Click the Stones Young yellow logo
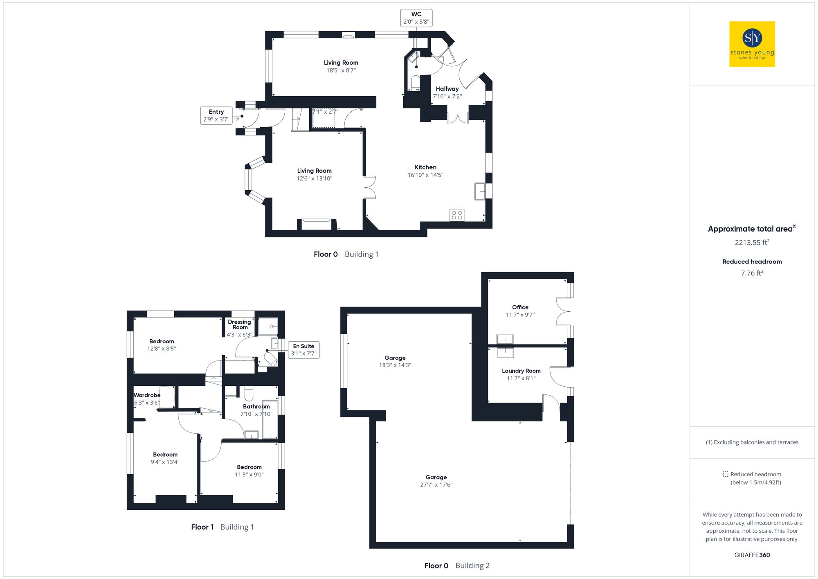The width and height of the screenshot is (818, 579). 752,44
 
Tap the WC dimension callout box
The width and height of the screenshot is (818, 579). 416,18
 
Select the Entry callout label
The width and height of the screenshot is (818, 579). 216,115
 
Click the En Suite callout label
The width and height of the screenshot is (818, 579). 303,350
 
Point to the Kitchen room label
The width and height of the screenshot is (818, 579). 425,167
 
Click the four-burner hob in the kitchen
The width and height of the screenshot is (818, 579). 457,215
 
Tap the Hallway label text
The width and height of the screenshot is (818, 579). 447,89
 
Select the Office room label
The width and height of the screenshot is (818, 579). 520,307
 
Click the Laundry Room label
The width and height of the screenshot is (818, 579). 521,371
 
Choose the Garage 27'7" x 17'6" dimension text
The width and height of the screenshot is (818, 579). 436,485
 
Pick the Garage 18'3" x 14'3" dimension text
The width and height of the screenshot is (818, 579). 395,365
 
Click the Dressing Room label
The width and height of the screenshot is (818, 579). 240,324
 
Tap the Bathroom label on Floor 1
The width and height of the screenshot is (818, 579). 256,406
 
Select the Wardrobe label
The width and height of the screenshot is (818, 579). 147,395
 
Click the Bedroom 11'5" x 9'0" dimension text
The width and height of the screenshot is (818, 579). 249,475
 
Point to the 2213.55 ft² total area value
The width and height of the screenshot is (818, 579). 752,242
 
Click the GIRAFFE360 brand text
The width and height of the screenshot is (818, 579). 752,555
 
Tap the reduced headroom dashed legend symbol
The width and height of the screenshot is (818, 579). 725,474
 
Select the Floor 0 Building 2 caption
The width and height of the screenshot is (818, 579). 456,565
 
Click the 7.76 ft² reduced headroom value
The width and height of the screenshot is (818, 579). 752,273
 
